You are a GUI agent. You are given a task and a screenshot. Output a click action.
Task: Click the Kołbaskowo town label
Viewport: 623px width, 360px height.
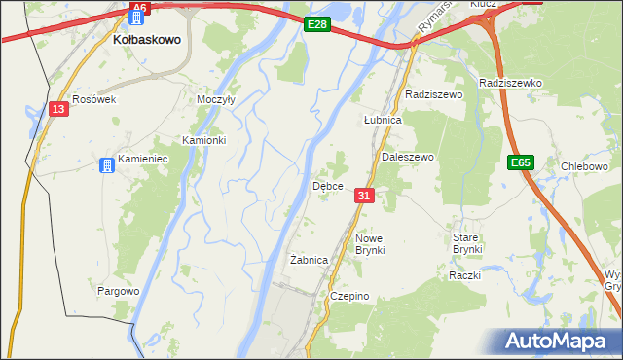coord(143,41)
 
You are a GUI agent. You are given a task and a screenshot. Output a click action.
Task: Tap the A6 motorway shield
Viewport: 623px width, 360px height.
coord(139,8)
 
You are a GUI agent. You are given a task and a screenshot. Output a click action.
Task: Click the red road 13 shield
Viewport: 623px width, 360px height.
coord(59,109)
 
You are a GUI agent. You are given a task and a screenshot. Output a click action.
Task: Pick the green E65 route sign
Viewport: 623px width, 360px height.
coord(520,164)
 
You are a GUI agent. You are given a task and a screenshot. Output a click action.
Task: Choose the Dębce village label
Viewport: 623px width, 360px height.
coord(326,185)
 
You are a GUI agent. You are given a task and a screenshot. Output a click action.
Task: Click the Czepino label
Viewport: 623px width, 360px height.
coord(350,296)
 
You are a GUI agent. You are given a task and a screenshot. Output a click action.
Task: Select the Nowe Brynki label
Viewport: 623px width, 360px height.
coord(371,244)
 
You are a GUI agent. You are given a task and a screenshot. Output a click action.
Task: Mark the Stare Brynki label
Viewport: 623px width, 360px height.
coord(467,243)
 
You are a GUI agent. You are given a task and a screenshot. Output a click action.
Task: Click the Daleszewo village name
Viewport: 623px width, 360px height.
coord(407,157)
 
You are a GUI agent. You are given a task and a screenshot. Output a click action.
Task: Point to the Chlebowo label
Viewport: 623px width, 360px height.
coord(585,166)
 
